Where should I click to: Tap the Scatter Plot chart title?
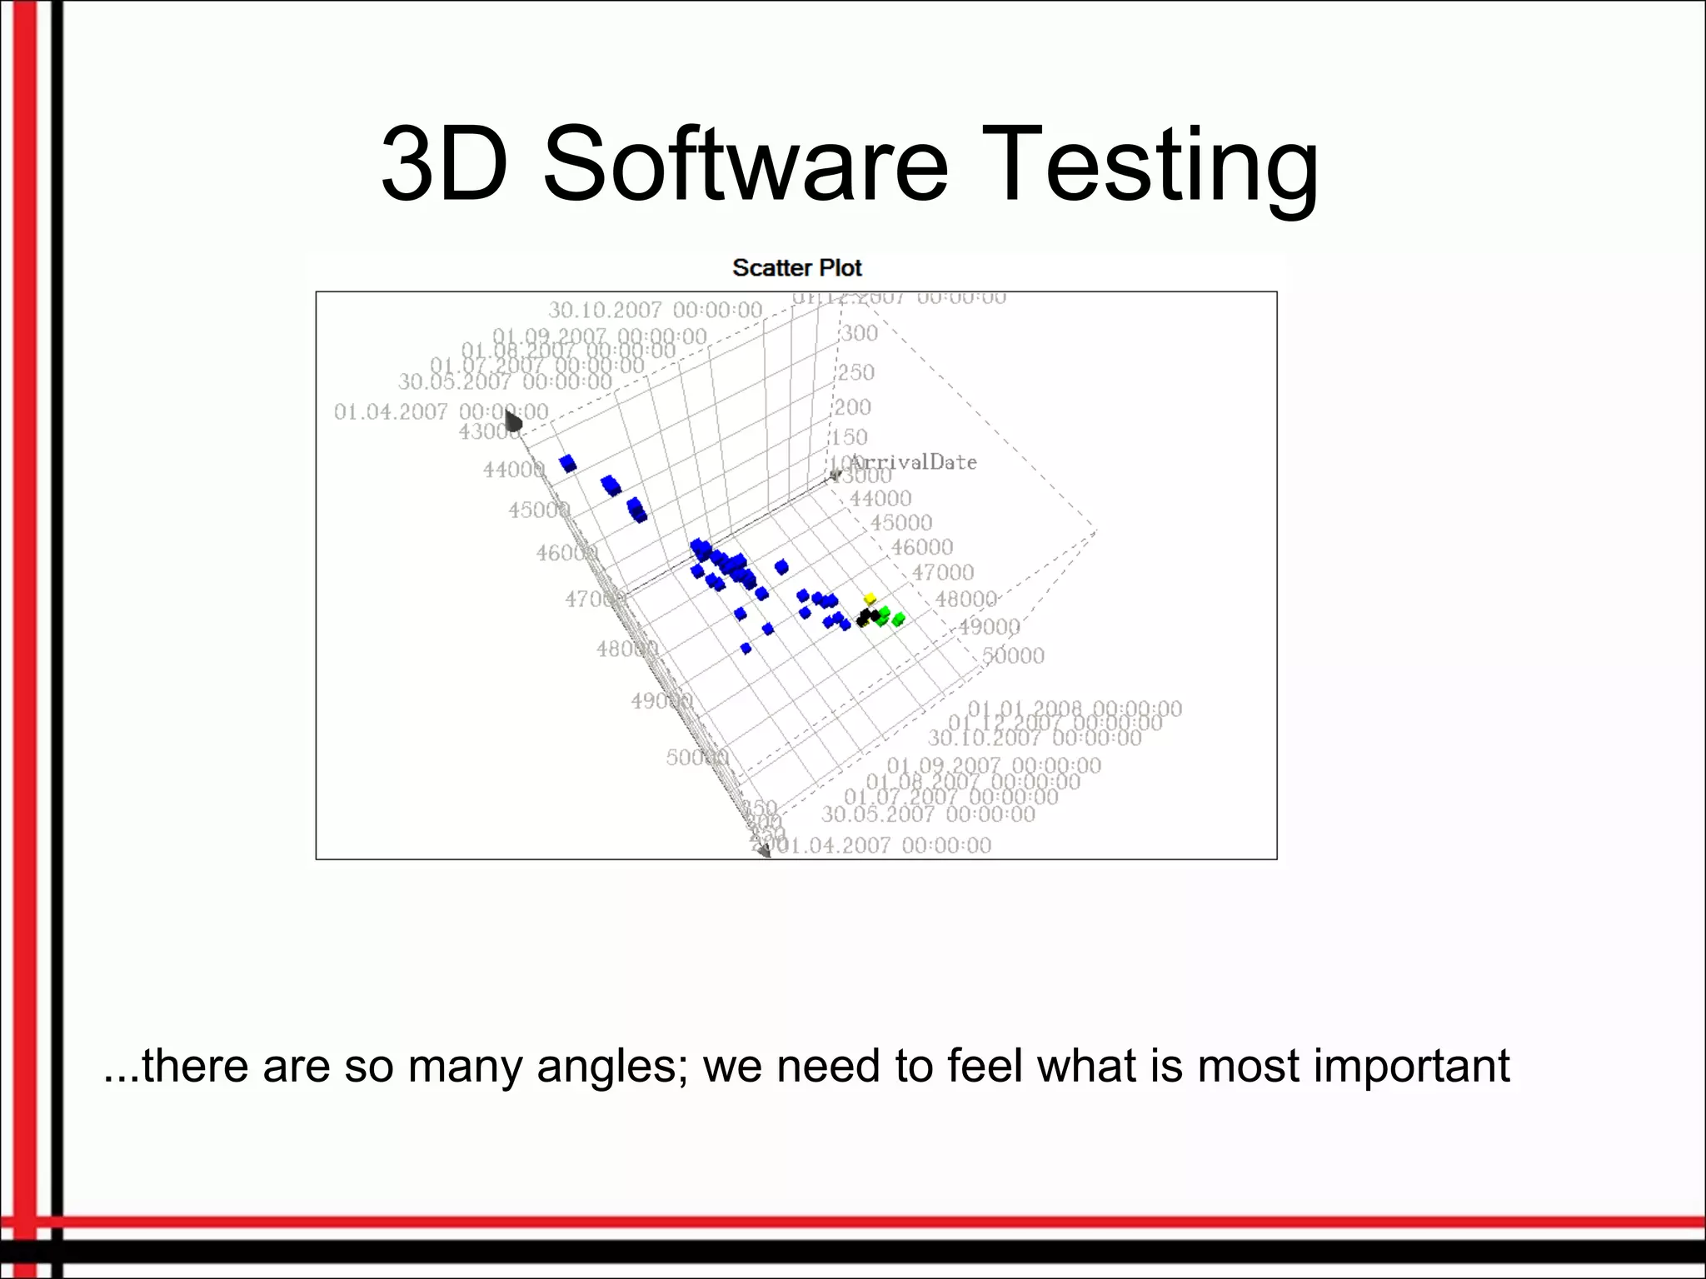coord(796,268)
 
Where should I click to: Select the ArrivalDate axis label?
coord(913,462)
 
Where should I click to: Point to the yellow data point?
coord(870,599)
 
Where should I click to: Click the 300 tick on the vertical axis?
coord(859,333)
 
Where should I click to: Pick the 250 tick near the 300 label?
coord(855,372)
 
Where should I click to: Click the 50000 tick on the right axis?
coord(1013,656)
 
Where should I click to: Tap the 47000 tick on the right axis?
coord(942,573)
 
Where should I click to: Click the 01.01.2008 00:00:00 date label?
coord(1075,709)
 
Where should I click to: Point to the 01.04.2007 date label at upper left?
coord(441,411)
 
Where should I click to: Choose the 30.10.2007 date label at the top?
coord(655,310)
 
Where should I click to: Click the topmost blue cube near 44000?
coord(568,463)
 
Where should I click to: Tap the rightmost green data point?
coord(898,620)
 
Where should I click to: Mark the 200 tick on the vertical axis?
coord(853,407)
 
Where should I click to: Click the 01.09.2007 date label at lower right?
coord(993,765)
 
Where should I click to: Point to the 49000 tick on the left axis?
coord(660,702)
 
